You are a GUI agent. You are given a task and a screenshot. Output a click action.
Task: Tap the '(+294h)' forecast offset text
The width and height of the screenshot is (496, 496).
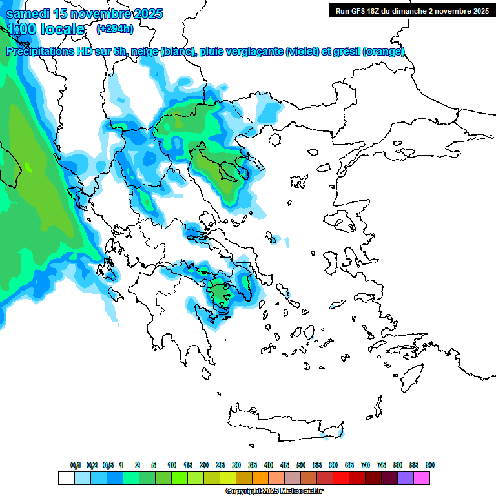(x=115, y=28)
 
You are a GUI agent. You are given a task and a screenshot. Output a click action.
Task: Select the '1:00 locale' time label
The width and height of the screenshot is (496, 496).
(x=45, y=29)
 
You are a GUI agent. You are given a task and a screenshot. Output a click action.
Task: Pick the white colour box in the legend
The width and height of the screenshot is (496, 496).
(x=66, y=479)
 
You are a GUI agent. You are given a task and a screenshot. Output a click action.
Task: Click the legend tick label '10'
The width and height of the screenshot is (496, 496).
(x=172, y=465)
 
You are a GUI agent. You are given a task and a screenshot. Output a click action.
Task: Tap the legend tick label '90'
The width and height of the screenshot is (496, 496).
(x=430, y=465)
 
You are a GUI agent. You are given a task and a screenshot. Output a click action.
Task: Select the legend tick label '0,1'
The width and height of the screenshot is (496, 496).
(x=75, y=465)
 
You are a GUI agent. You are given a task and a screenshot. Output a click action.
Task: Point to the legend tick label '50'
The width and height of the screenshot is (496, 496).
(x=301, y=465)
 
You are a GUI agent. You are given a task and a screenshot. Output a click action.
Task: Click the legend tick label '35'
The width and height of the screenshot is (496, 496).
(x=253, y=465)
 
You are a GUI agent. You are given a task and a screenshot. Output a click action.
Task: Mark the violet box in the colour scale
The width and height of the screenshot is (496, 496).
(x=406, y=479)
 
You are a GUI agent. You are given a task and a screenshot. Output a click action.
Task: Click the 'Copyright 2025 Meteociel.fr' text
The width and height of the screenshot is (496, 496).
(x=274, y=491)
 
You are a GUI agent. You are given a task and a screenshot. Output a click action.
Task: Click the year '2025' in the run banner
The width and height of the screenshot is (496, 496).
(x=479, y=10)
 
